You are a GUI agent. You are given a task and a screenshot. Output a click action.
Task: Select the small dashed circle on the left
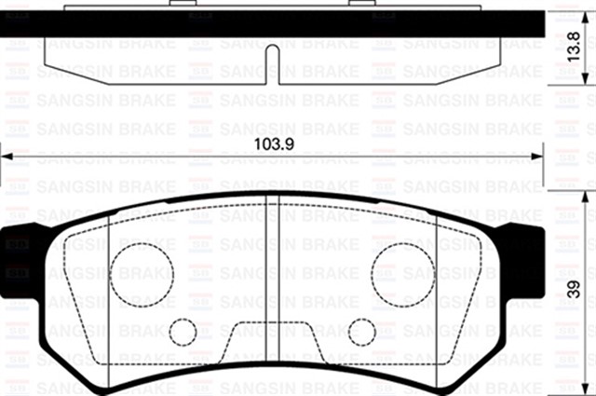coord(184,332)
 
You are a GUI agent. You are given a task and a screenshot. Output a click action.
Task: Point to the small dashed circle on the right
coord(361,332)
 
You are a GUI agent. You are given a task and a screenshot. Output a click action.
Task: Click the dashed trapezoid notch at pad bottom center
coord(272,341)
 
